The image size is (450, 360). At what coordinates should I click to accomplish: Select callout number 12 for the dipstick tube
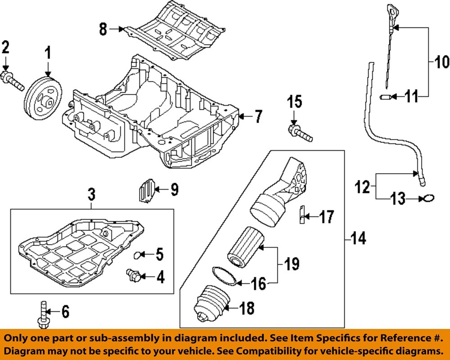363,186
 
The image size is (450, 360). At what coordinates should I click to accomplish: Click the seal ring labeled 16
224,275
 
